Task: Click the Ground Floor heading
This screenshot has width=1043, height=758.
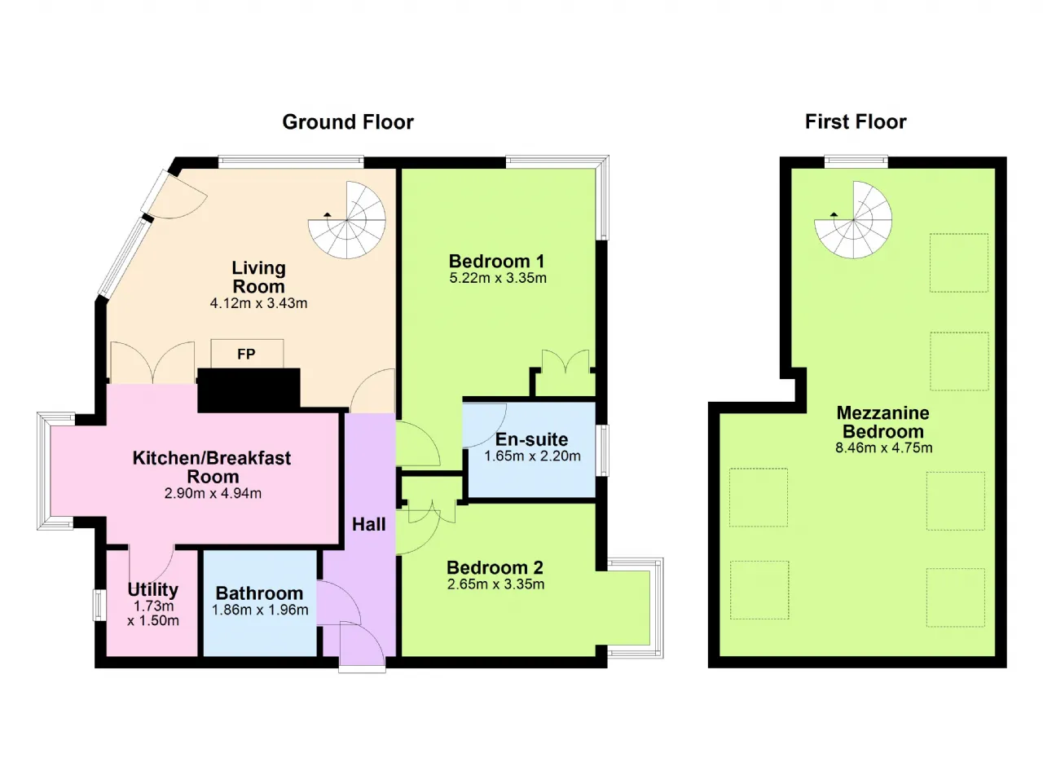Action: tap(348, 122)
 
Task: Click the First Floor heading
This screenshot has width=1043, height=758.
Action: tap(856, 122)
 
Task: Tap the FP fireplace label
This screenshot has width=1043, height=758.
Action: tap(246, 355)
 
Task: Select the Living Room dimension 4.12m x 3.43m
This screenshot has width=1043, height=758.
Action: tap(258, 303)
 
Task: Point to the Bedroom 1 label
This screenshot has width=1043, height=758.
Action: tap(496, 261)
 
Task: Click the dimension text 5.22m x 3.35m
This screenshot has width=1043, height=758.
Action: tap(498, 278)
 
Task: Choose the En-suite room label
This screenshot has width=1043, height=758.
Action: tap(532, 439)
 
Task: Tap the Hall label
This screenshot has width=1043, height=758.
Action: tap(369, 524)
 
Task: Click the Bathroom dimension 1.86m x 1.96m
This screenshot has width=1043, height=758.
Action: tap(260, 610)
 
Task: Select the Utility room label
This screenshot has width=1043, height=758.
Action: tap(152, 590)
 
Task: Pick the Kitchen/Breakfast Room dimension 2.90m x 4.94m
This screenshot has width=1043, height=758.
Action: tap(213, 493)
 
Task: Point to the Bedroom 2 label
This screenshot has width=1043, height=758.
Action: tap(495, 567)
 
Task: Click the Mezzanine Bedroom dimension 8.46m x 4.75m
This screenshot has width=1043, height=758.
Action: tap(884, 448)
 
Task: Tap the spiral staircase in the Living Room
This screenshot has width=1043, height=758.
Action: tap(347, 220)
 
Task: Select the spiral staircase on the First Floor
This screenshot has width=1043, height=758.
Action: tap(853, 220)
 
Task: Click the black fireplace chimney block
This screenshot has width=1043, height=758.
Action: tap(249, 390)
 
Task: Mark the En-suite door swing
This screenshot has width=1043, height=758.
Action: tap(484, 425)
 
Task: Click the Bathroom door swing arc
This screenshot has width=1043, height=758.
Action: tap(339, 602)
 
